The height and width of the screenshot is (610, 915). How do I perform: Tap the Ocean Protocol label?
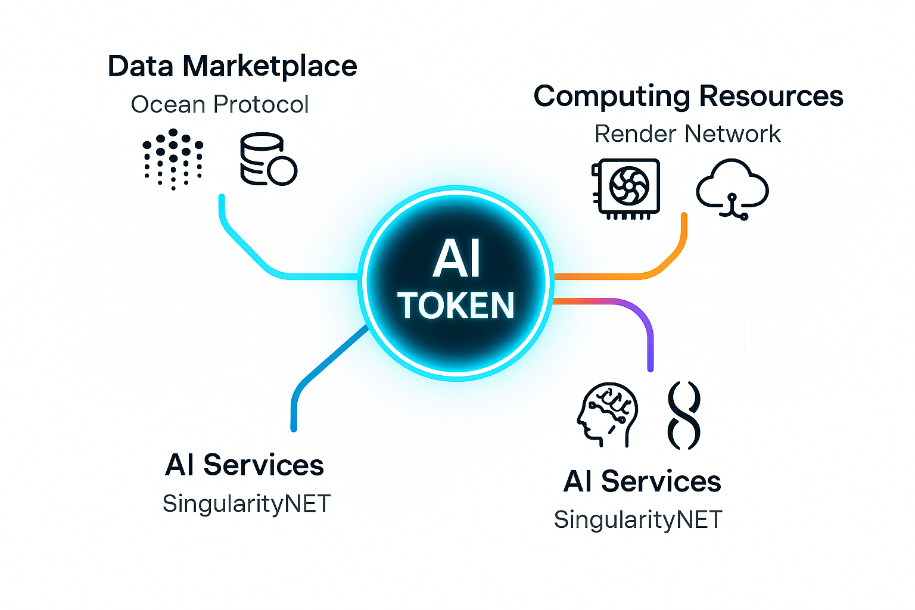(219, 105)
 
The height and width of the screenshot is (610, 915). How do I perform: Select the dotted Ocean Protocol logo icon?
(173, 158)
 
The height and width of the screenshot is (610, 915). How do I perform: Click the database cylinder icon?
(267, 159)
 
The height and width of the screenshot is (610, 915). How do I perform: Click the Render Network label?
(687, 134)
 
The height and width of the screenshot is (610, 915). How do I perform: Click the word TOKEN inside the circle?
(456, 306)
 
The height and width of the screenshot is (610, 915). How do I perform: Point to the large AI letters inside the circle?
(456, 260)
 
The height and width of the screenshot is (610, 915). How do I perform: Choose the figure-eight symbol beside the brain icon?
(684, 415)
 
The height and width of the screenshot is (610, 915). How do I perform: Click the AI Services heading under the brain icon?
(642, 481)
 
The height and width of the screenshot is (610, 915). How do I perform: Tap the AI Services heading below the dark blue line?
(244, 465)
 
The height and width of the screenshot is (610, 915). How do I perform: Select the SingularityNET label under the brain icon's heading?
(638, 520)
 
